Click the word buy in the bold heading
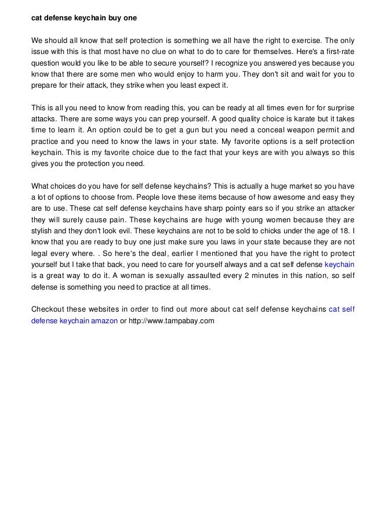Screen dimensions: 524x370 [114, 19]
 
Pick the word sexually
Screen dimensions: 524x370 [153, 276]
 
